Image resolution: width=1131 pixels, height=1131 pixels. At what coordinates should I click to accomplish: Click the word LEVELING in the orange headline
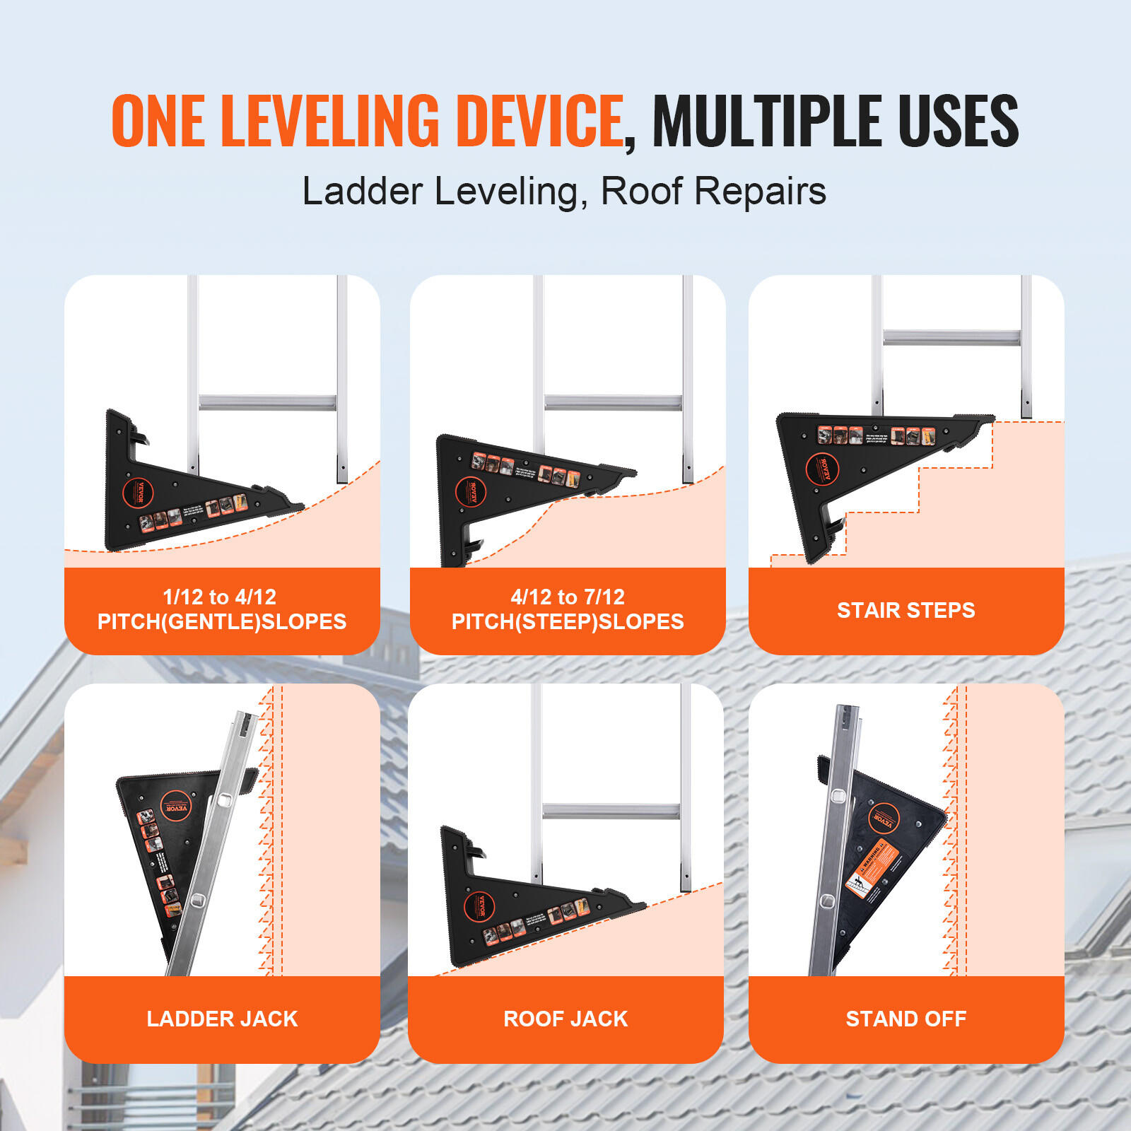tap(331, 121)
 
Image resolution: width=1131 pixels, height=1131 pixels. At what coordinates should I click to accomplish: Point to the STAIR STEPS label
tap(906, 610)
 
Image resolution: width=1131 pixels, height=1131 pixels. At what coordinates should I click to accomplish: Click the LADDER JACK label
tap(222, 1019)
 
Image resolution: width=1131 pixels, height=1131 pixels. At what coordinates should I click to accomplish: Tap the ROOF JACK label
tap(565, 1019)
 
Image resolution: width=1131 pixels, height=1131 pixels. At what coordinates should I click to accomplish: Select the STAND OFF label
tap(906, 1019)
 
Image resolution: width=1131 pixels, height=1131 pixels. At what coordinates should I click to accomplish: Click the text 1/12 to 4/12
tap(219, 597)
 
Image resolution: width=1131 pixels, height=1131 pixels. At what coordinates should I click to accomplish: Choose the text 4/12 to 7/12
tap(568, 597)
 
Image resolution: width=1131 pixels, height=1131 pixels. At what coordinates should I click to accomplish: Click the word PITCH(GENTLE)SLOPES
tap(222, 622)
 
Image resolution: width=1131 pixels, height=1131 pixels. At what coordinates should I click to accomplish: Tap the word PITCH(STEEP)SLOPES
tap(568, 622)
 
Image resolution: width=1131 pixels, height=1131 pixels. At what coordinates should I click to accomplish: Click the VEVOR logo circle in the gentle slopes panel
tap(139, 493)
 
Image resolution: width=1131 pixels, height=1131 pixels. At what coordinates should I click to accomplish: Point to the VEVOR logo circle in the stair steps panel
tap(823, 469)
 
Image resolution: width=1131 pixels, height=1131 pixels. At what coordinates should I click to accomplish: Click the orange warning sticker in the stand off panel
tap(873, 870)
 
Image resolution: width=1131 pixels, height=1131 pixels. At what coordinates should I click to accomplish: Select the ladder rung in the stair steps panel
tap(951, 337)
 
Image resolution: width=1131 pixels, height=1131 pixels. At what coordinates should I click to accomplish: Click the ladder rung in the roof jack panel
tap(611, 811)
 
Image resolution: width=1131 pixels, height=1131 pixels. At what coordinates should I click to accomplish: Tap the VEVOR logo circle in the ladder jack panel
tap(175, 807)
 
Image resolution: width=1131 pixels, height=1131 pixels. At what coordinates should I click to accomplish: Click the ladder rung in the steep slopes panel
tap(613, 403)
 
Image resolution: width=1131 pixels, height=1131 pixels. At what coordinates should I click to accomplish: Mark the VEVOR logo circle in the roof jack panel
tap(479, 907)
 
